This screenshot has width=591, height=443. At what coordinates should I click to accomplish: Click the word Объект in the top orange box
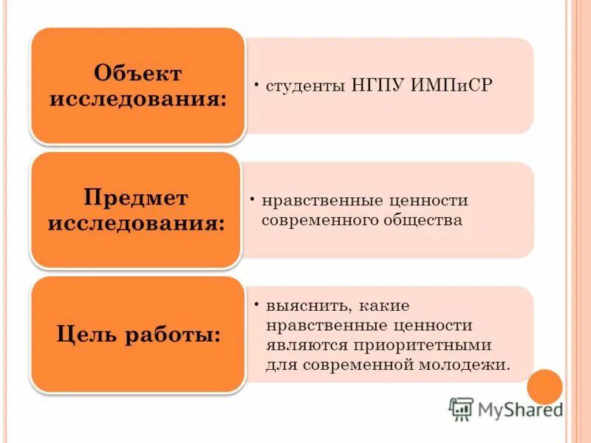pos(137,73)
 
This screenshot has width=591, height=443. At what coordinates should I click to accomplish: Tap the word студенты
pos(299,86)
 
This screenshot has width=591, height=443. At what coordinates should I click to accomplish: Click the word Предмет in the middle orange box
pos(136,197)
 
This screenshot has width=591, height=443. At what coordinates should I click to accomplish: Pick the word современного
pos(319,220)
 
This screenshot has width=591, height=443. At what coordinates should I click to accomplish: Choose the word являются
pos(302,345)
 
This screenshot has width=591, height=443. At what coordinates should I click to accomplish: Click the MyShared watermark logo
pos(505,408)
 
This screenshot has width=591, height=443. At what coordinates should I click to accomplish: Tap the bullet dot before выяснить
pos(254,303)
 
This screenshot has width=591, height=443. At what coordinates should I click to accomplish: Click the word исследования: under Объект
pos(137,99)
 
